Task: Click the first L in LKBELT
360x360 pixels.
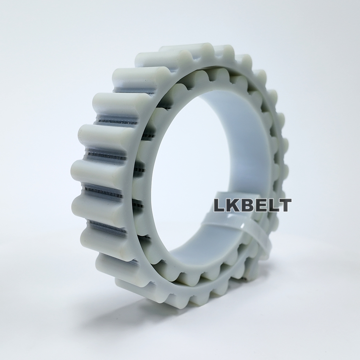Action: (x=219, y=205)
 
